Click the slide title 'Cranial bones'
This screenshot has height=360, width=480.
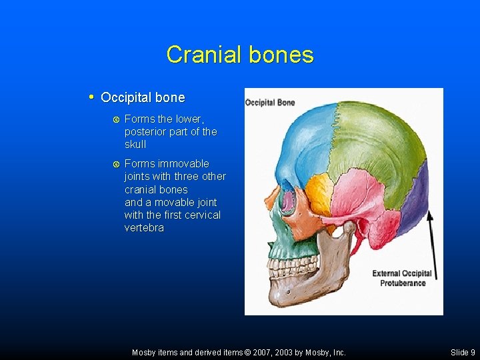240,55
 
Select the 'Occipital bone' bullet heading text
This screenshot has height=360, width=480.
143,98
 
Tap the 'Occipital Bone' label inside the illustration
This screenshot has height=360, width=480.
270,102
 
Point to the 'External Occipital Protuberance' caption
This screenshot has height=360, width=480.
402,278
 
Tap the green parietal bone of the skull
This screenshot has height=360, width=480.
373,147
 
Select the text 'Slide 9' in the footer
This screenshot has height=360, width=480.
463,352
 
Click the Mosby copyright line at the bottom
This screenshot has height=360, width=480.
239,352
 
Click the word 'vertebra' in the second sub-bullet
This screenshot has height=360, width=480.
144,228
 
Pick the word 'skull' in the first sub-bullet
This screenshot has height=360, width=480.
135,145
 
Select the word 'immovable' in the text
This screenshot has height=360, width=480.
183,164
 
